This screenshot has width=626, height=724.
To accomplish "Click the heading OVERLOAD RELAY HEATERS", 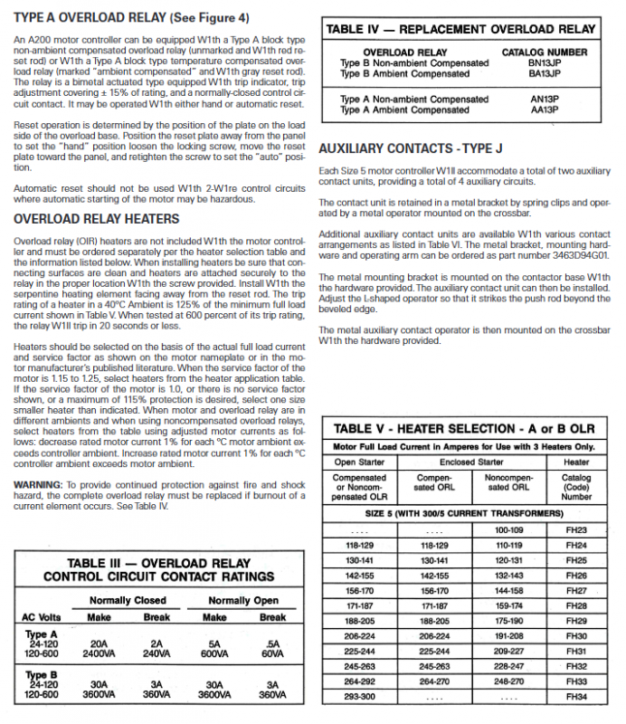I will point(97,219).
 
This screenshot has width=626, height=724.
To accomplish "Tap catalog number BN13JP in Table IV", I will point(545,63).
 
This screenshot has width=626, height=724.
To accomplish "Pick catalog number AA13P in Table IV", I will point(545,110).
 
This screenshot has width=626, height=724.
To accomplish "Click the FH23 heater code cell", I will point(576,529).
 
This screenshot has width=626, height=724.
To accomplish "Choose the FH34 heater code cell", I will point(576,697).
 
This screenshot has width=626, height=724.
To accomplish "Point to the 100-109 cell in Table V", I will point(509,529).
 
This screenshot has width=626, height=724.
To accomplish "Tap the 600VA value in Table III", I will point(214,652).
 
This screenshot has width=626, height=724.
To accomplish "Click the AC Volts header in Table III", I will point(40,617).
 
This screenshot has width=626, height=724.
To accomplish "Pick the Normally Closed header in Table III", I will point(128,600).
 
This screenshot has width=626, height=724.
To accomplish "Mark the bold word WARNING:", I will point(38,485).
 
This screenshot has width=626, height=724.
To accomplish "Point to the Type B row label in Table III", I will point(42,675).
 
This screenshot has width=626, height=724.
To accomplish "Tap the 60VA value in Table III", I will point(272,652).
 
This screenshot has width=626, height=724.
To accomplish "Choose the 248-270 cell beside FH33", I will point(509,681).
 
